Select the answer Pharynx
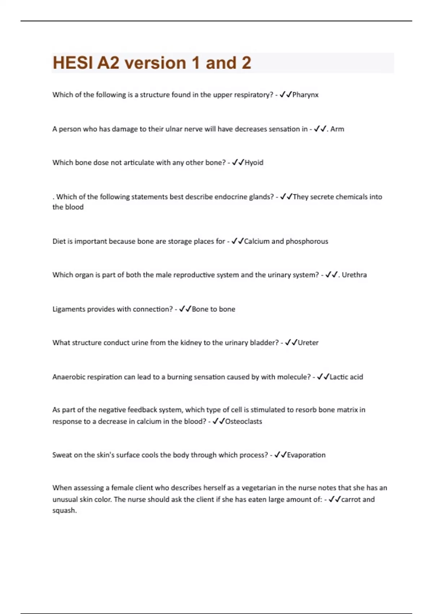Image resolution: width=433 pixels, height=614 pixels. click(305, 95)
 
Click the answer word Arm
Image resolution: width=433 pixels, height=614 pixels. click(337, 129)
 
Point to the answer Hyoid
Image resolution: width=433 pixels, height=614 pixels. click(254, 163)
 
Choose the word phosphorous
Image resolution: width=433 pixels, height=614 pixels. click(307, 241)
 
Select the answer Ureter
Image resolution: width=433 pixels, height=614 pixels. click(308, 343)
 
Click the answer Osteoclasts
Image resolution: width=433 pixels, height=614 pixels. click(244, 421)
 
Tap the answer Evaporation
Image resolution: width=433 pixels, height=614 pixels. click(306, 455)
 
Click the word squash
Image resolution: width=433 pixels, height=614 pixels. click(64, 510)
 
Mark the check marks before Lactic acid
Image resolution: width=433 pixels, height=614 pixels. click(323, 377)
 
